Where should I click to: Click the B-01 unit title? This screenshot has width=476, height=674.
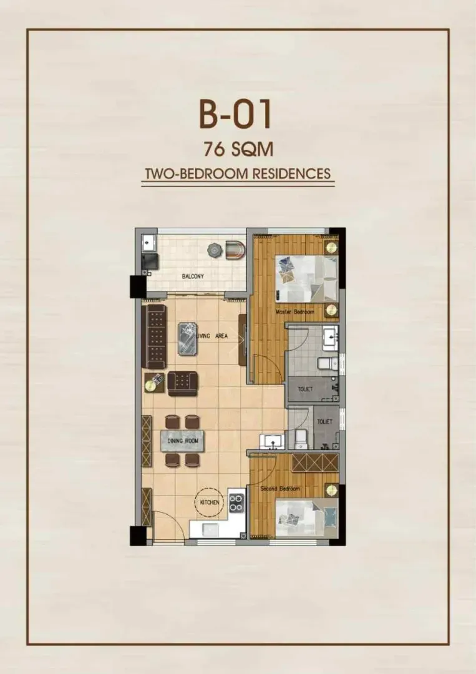(x=235, y=115)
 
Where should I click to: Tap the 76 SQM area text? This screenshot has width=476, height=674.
(x=238, y=150)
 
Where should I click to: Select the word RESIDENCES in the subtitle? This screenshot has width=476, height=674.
(x=291, y=174)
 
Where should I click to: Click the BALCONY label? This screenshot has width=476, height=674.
(x=193, y=276)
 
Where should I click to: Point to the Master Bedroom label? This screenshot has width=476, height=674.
(x=294, y=311)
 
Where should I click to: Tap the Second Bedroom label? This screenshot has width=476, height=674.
(x=280, y=489)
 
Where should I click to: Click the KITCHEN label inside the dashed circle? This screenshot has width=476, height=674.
(x=210, y=502)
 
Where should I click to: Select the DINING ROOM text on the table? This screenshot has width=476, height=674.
(x=183, y=441)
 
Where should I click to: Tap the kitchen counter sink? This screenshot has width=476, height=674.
(x=211, y=529)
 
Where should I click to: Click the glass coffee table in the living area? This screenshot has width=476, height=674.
(x=188, y=338)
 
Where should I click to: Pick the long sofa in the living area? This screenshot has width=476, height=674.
(x=154, y=336)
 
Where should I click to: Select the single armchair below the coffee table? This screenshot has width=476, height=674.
(x=183, y=383)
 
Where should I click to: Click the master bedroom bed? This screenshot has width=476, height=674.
(x=307, y=278)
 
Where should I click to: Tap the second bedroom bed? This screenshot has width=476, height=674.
(x=307, y=517)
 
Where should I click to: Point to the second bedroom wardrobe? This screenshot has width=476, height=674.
(x=315, y=462)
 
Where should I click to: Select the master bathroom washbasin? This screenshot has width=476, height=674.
(x=330, y=336)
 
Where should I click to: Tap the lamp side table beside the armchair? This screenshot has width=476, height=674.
(x=153, y=383)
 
